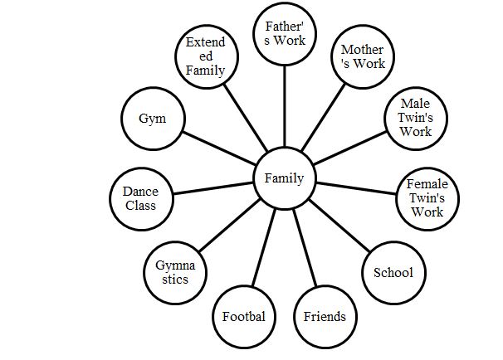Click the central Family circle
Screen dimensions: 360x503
pos(285,178)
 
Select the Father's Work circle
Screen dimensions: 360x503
pos(285,33)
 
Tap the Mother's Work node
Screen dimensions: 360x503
pos(362,56)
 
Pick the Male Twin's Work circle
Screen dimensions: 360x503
pos(415,118)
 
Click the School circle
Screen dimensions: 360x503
pos(393,272)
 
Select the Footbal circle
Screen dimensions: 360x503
pos(244,316)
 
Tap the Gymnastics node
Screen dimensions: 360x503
pos(175,272)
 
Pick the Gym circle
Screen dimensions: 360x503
pos(152,118)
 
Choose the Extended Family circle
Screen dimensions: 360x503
pos(205,56)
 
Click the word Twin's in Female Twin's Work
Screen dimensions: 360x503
pos(427,198)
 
